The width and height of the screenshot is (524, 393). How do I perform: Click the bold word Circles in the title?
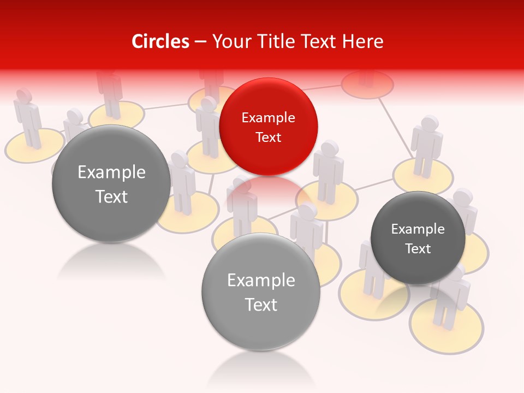[x=160, y=41]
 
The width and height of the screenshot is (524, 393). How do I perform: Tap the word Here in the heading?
[x=362, y=41]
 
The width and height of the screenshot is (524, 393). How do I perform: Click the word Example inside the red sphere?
[x=268, y=118]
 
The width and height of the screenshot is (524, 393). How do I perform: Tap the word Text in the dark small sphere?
[x=418, y=249]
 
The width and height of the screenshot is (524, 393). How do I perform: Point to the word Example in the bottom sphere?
[x=261, y=281]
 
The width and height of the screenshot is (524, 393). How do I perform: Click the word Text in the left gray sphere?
[x=111, y=196]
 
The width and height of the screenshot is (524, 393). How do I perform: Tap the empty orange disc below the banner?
[x=367, y=84]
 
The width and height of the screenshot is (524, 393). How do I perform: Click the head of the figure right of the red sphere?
[x=329, y=148]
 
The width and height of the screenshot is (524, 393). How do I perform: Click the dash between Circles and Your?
[x=200, y=41]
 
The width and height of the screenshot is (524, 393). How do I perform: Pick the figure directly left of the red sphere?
[x=208, y=128]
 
